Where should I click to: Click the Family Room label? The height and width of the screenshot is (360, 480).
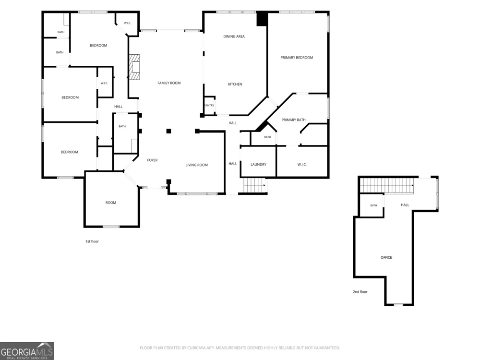[x=169, y=83]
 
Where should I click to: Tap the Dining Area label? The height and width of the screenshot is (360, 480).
[x=234, y=36]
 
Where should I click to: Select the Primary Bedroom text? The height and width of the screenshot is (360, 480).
[x=297, y=58]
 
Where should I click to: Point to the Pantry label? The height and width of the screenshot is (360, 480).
[x=209, y=105]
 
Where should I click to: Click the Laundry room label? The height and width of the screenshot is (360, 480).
[x=258, y=164]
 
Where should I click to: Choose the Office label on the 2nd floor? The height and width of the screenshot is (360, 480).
[x=386, y=257]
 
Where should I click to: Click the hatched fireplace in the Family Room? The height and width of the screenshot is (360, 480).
[x=134, y=67]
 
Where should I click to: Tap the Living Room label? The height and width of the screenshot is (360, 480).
[x=196, y=165]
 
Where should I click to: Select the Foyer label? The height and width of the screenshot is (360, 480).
[x=152, y=160]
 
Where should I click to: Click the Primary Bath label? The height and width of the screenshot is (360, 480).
[x=293, y=120]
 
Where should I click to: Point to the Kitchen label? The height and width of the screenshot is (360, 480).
[x=235, y=84]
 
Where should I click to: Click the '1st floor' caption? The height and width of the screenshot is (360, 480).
[x=92, y=241]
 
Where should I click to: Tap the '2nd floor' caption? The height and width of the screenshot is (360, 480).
[x=360, y=292]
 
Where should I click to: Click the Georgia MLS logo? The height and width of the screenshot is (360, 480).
[x=26, y=351]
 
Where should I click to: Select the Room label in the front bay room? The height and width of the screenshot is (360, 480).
[x=110, y=203]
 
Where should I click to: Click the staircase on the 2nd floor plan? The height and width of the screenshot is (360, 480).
[x=387, y=185]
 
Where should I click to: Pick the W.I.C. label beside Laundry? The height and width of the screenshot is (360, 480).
[x=302, y=165]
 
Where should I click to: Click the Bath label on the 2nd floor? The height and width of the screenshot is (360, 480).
[x=373, y=205]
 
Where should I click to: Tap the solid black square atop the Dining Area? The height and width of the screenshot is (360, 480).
[x=262, y=19]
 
